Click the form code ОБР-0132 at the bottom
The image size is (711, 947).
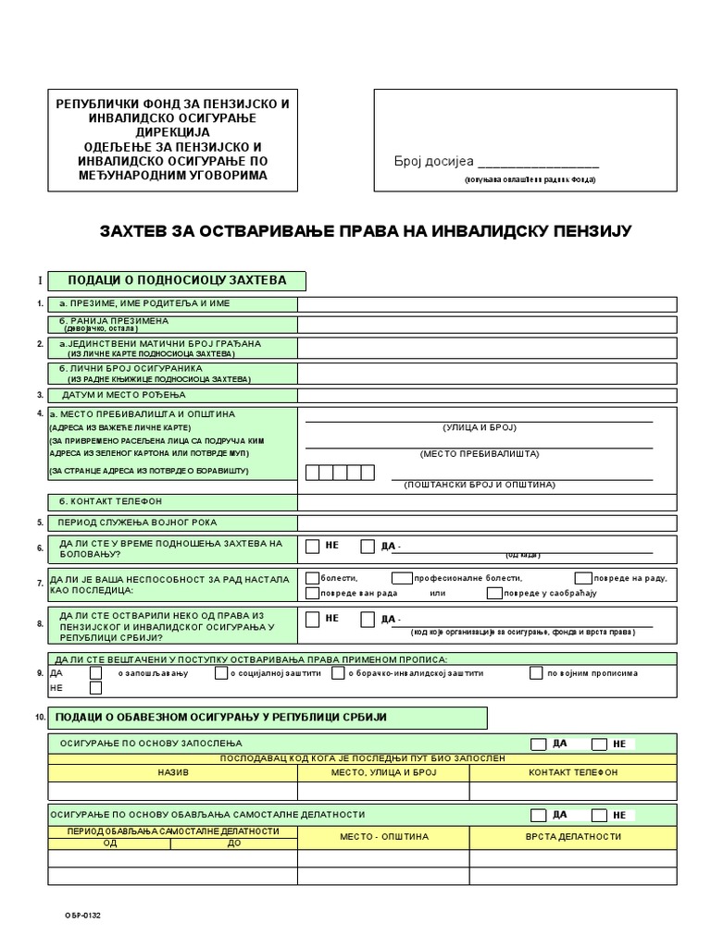point(82,916)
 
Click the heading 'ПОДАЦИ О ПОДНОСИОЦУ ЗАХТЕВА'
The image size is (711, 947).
point(176,280)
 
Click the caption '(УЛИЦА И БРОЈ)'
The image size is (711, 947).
point(479,427)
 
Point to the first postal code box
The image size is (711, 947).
point(313,473)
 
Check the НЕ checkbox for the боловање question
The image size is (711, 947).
point(313,546)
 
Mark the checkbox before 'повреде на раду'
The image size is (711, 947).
point(582,578)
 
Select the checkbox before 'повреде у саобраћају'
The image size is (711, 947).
point(493,592)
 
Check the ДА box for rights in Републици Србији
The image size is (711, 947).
point(368,618)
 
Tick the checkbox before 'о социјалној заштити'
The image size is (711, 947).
point(221,673)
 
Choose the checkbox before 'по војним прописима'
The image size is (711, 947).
point(536,673)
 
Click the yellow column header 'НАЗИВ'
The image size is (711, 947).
point(172,771)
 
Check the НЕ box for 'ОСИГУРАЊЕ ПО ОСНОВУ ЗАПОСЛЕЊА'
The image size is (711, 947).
point(599,744)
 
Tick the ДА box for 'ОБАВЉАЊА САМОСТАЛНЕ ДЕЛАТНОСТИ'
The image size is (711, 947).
point(538,815)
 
